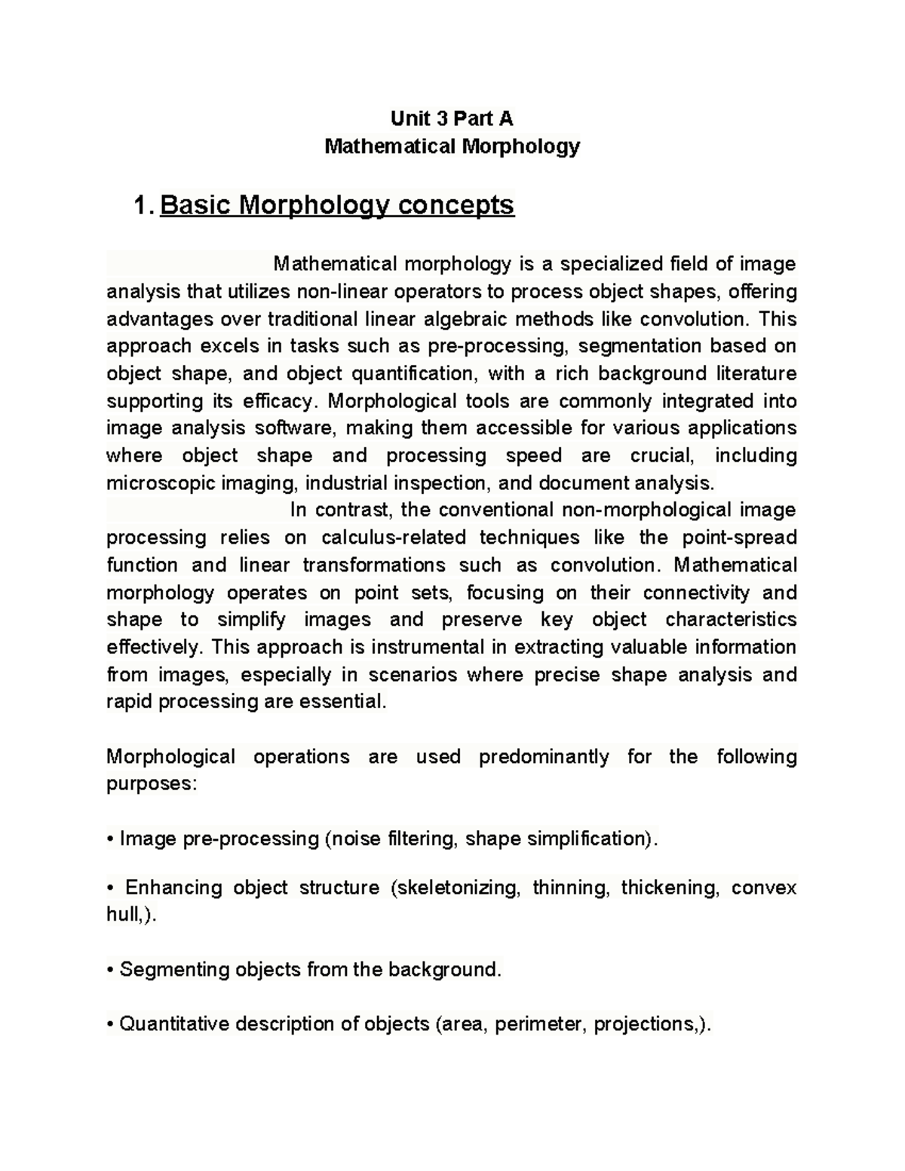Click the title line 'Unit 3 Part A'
pyautogui.click(x=452, y=118)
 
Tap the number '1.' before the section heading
pyautogui.click(x=143, y=205)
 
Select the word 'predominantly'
pyautogui.click(x=544, y=756)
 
